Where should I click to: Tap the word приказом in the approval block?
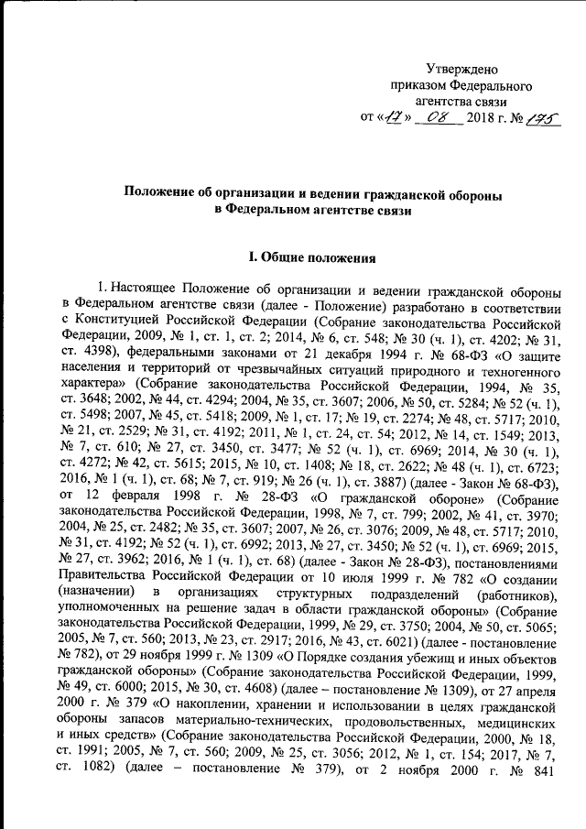(417, 86)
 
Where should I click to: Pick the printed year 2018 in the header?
(483, 118)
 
